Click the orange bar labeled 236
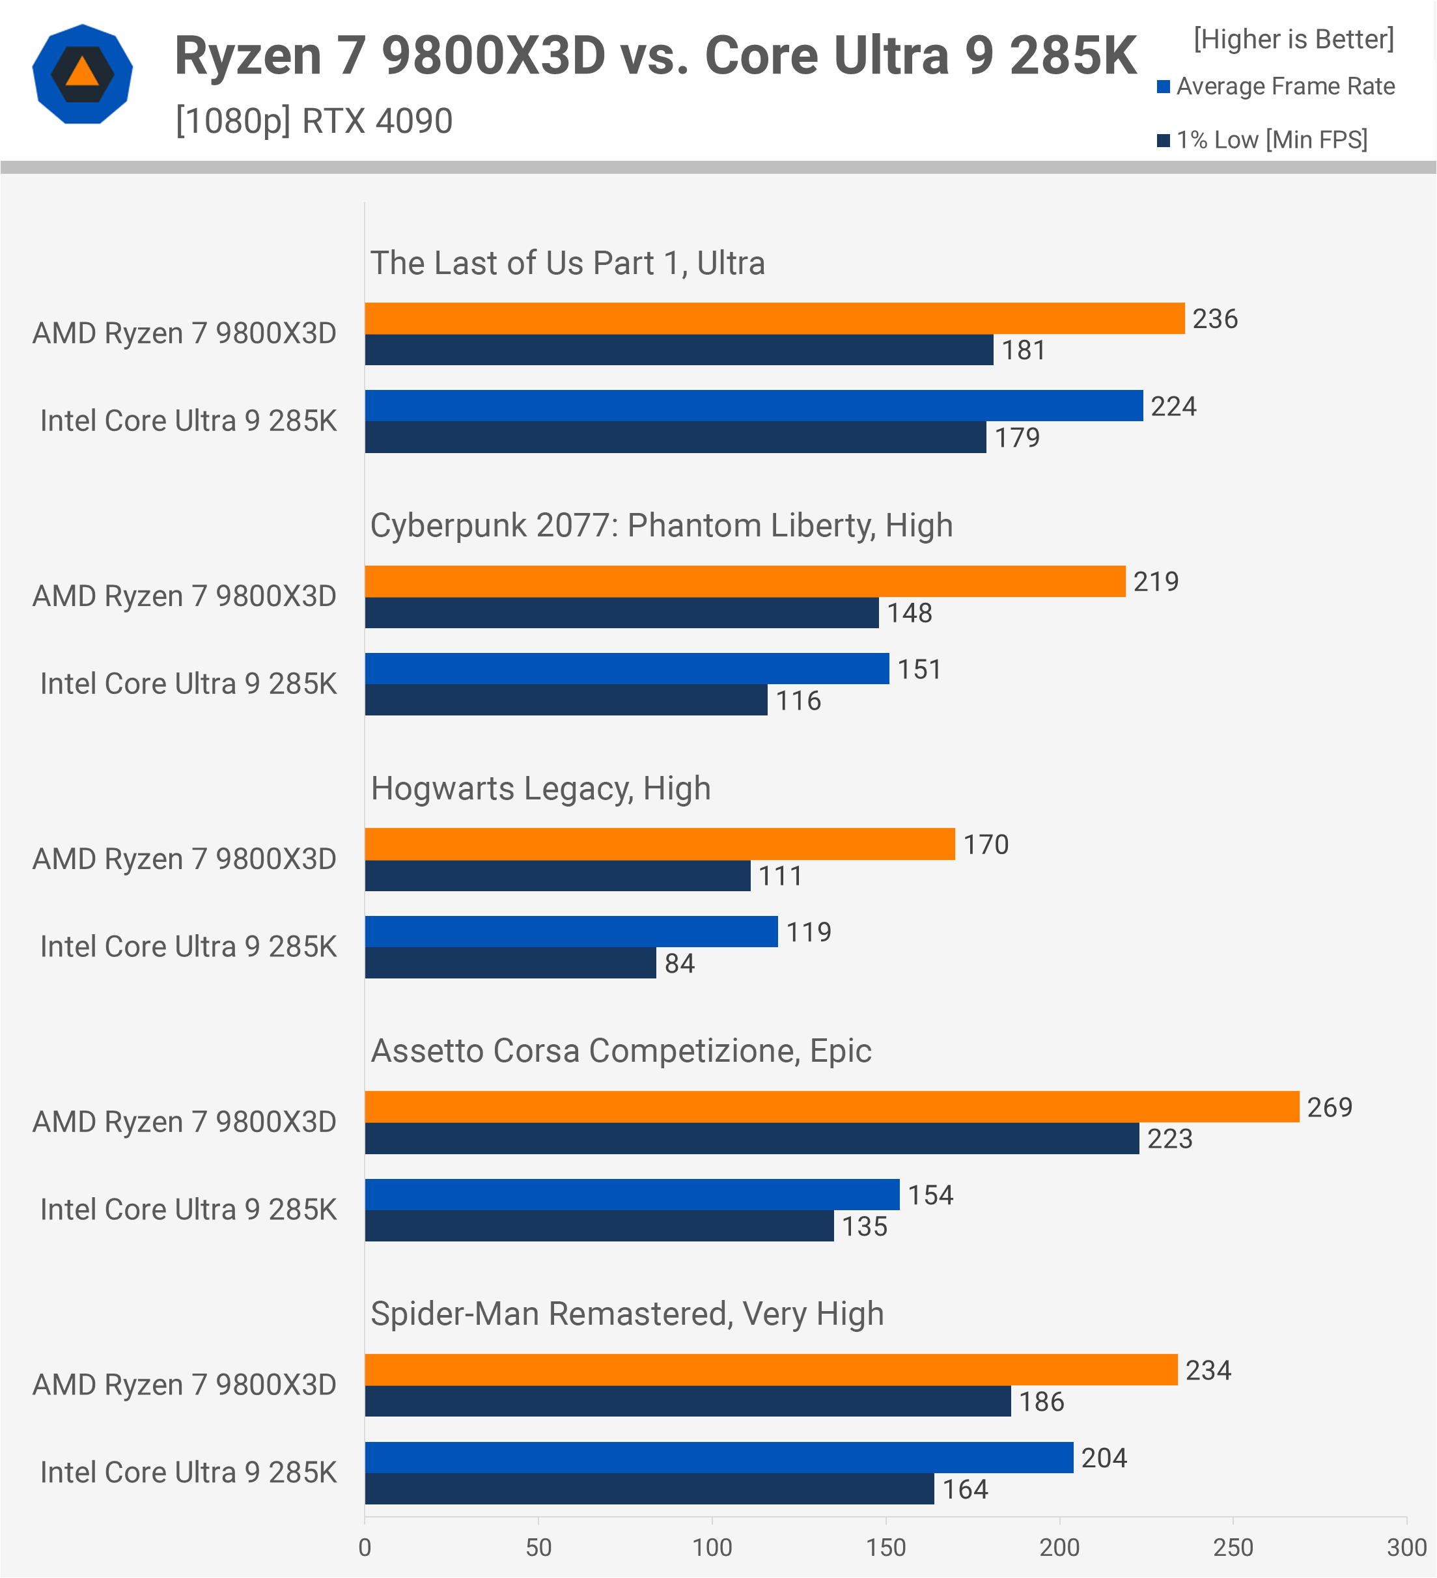775,318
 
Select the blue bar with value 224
754,406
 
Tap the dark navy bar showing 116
566,700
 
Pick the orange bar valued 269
832,1107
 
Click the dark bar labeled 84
510,963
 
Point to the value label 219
1156,581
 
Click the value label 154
930,1195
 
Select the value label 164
965,1489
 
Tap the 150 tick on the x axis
886,1547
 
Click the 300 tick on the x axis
1406,1547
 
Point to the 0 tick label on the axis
365,1547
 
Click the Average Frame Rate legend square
1164,86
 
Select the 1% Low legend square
1164,140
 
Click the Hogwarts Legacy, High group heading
541,788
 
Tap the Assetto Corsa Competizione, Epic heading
621,1051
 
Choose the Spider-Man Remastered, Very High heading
627,1314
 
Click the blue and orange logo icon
82,74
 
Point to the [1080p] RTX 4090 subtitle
314,121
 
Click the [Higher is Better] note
1294,39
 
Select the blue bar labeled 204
719,1458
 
